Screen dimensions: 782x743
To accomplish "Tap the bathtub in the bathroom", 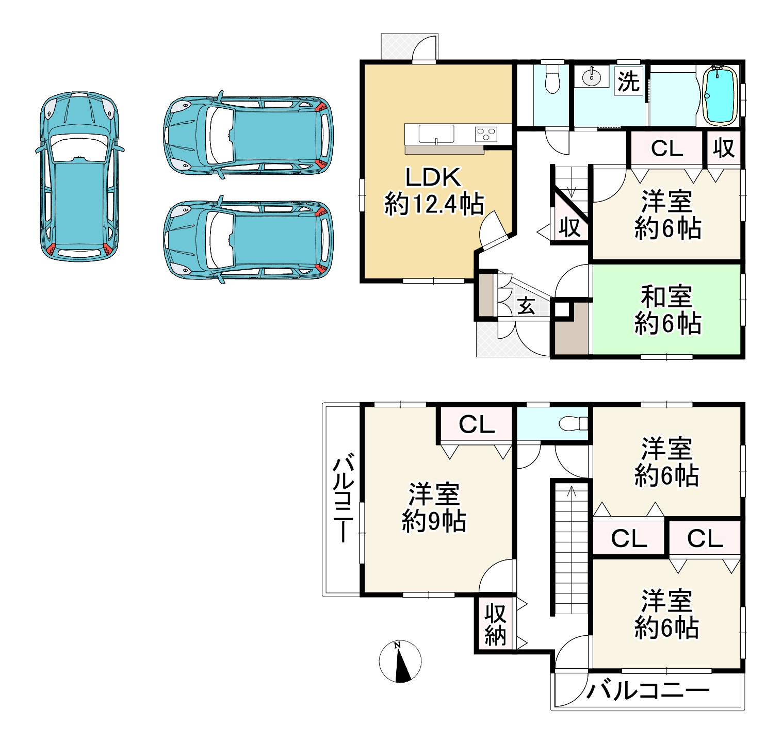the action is tap(721, 95).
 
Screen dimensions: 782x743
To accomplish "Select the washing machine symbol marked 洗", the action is tap(629, 81).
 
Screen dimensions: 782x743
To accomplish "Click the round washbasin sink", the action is tap(592, 77).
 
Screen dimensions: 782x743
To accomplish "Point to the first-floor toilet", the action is tap(552, 78).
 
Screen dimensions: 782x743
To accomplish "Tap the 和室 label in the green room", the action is tap(667, 296).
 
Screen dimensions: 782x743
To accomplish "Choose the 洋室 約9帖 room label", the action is tap(434, 507).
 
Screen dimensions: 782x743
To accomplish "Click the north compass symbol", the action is tap(400, 662).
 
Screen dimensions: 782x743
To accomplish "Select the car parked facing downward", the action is tap(79, 176).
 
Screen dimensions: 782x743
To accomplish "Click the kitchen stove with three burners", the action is tap(486, 134).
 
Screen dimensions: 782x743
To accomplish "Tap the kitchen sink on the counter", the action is tap(436, 135).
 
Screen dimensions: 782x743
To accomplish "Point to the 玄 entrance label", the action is tap(526, 306).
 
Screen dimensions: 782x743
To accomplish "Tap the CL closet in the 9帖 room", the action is tap(477, 425).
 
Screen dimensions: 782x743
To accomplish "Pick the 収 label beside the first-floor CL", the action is tap(724, 148).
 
